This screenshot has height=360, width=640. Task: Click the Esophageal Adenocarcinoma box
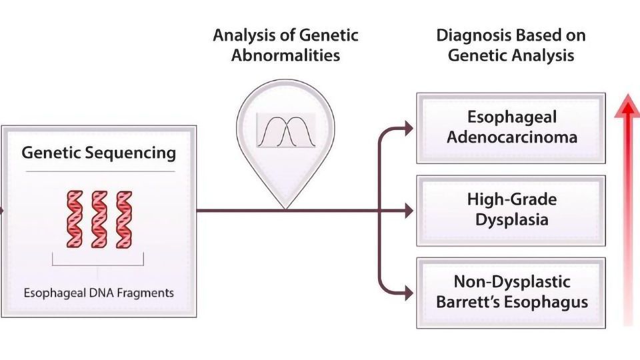coord(511,127)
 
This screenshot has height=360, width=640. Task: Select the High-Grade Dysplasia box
coord(511,210)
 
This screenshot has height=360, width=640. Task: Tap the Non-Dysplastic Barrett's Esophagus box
coord(511,292)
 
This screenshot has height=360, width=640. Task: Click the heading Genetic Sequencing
coord(99,153)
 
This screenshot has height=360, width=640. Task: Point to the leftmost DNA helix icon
coord(75,219)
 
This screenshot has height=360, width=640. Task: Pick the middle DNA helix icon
coord(99,219)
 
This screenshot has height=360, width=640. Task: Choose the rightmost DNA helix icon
coord(124,219)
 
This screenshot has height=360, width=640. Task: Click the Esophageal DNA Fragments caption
coord(99,293)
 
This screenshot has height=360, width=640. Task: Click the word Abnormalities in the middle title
coord(285,55)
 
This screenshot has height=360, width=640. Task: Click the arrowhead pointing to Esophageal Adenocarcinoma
coord(409,129)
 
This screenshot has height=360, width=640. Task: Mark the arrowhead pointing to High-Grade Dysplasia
coord(409,211)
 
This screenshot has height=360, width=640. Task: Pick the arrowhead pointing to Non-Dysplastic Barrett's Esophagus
coord(409,293)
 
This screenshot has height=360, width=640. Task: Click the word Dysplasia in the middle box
coord(511,219)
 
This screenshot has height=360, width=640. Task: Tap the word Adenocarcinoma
coord(511,137)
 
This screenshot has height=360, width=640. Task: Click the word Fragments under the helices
coord(147,293)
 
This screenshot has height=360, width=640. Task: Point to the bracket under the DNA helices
coord(99,267)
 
